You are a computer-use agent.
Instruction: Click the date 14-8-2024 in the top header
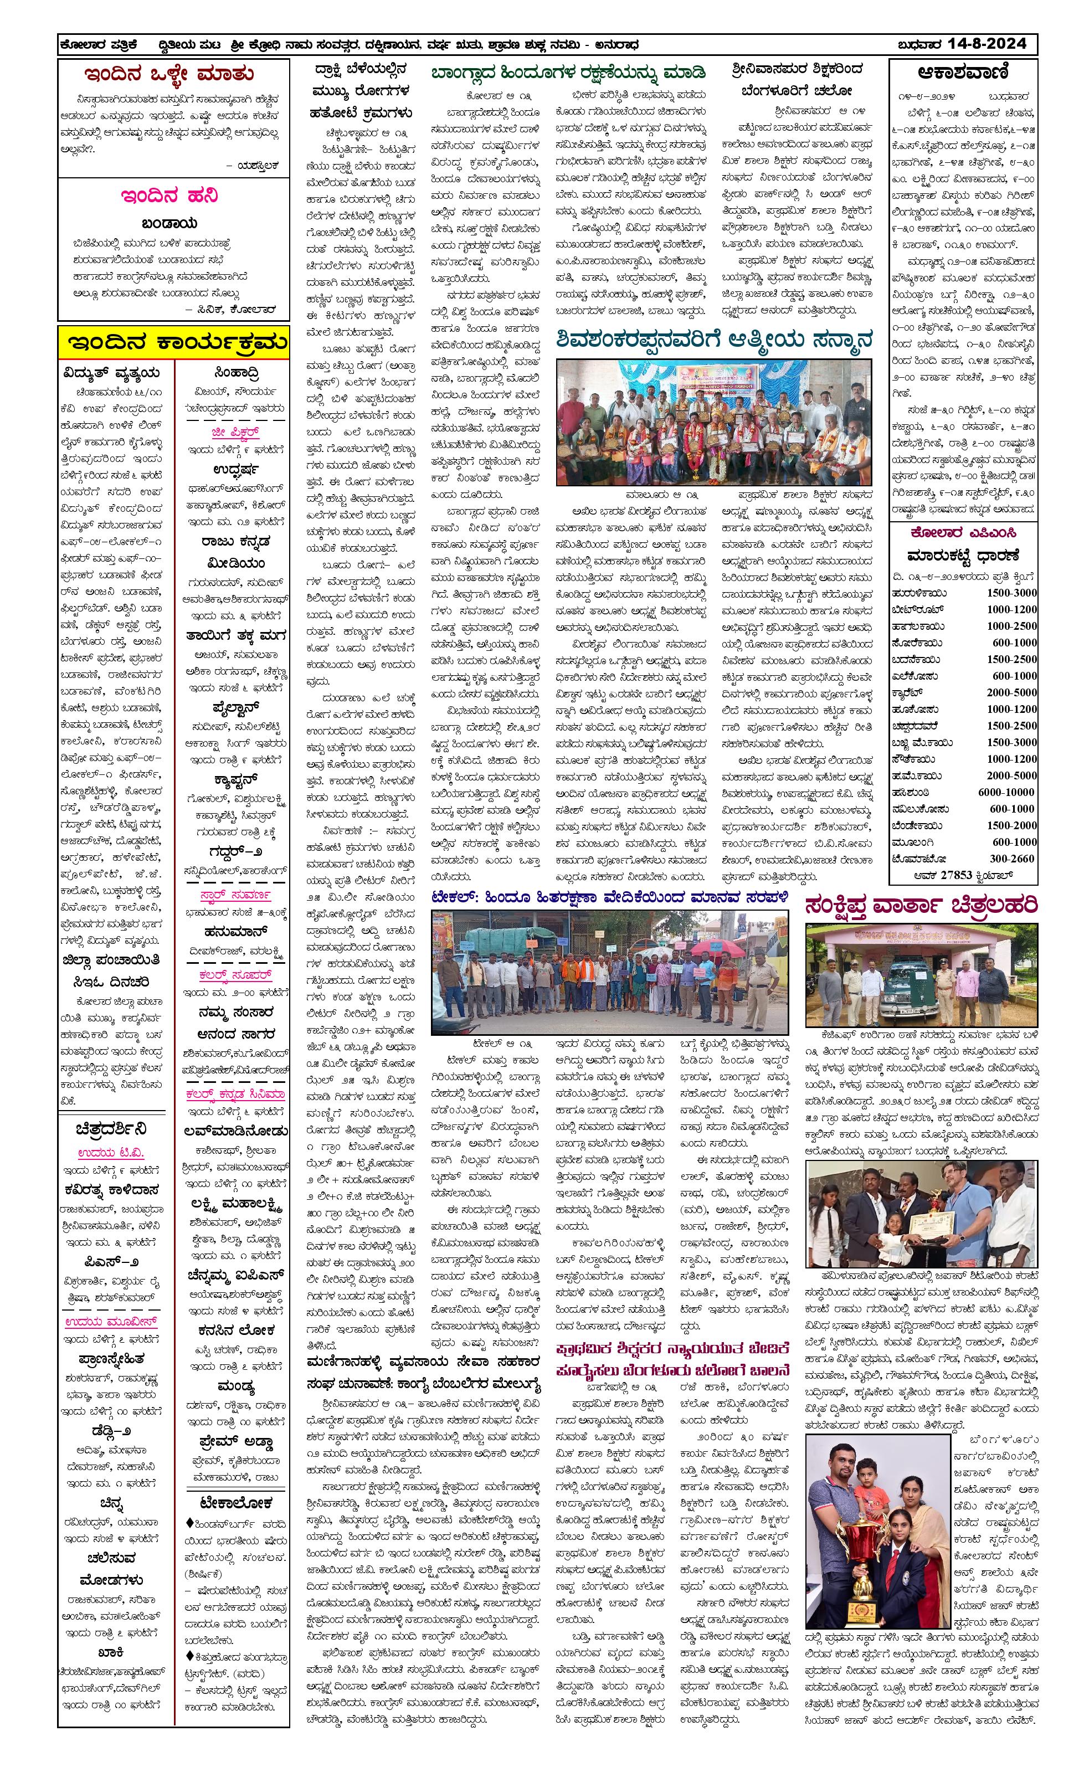[x=986, y=44]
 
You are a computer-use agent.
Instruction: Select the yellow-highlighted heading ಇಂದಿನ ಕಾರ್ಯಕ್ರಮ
[x=175, y=342]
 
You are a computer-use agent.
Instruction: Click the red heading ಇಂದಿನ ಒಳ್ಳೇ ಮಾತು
[x=168, y=74]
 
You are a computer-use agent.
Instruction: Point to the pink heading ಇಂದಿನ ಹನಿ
[x=169, y=196]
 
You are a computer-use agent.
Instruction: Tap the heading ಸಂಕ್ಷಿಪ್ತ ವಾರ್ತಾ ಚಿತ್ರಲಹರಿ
[x=921, y=906]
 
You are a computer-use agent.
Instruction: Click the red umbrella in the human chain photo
[x=716, y=949]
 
